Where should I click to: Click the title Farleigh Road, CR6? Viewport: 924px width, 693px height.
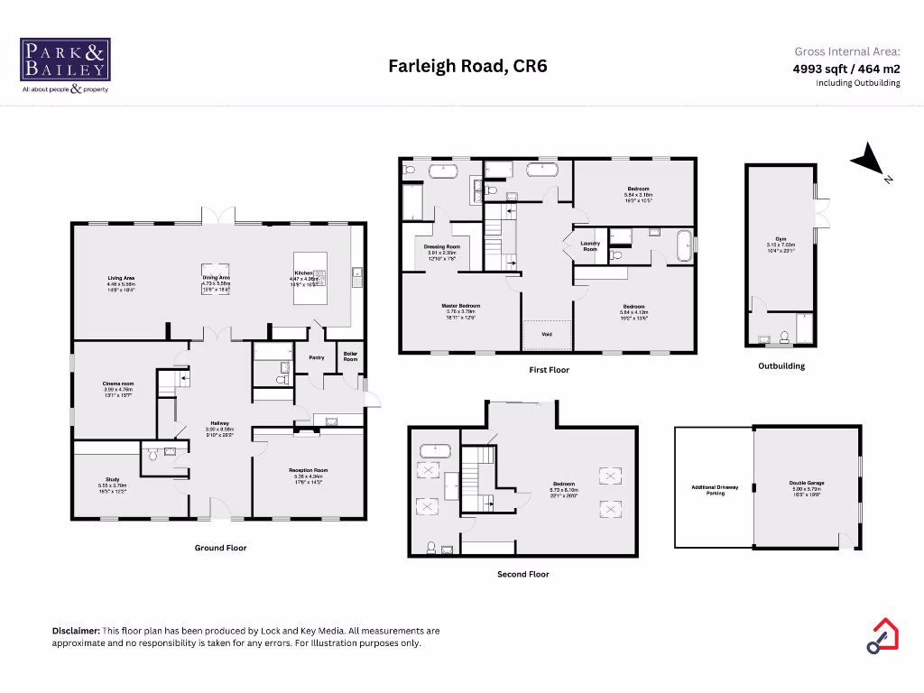pyautogui.click(x=467, y=66)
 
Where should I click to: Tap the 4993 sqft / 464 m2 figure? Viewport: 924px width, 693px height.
pyautogui.click(x=846, y=68)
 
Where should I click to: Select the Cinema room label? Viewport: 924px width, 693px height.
pyautogui.click(x=117, y=384)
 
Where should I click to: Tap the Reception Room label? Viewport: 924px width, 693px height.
pyautogui.click(x=309, y=470)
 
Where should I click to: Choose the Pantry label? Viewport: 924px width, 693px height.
pyautogui.click(x=317, y=357)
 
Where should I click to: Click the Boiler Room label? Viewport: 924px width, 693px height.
pyautogui.click(x=350, y=357)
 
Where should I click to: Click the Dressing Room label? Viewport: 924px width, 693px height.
pyautogui.click(x=442, y=246)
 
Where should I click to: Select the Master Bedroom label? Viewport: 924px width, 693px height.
pyautogui.click(x=460, y=306)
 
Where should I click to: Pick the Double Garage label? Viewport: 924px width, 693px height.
pyautogui.click(x=807, y=483)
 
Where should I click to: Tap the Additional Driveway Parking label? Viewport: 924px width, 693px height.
pyautogui.click(x=716, y=490)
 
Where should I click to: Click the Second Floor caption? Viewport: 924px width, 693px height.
pyautogui.click(x=522, y=574)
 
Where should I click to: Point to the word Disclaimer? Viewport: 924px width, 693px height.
pyautogui.click(x=76, y=631)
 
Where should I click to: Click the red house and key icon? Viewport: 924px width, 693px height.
pyautogui.click(x=882, y=635)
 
